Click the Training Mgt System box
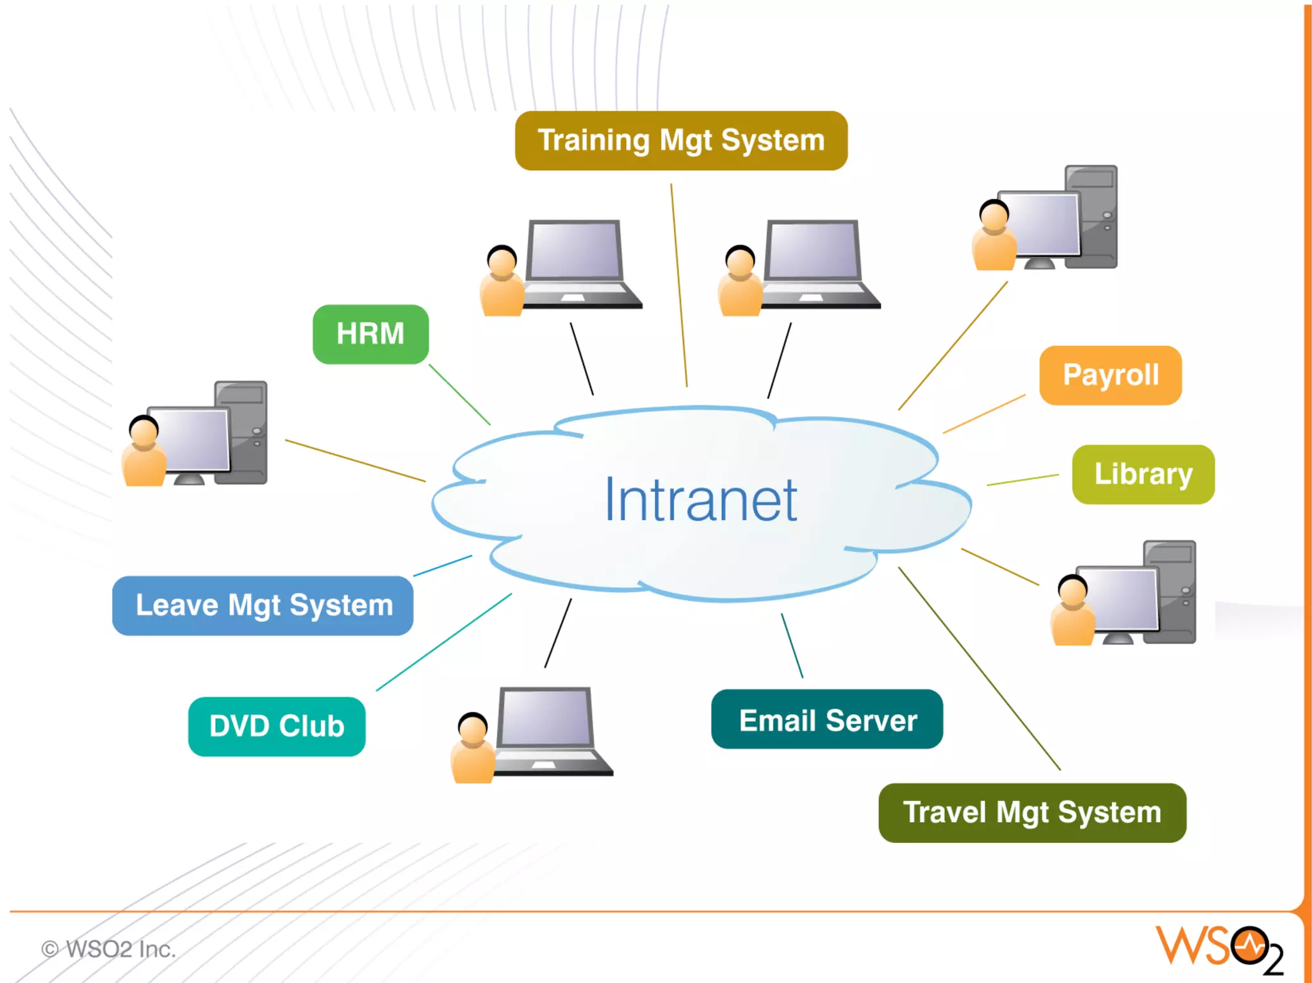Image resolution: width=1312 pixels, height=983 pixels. [x=681, y=141]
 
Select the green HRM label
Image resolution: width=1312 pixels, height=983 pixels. [x=370, y=334]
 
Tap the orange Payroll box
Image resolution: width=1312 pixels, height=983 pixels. [x=1110, y=375]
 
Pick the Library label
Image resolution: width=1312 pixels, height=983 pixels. [x=1143, y=475]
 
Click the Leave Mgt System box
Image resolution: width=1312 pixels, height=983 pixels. [x=263, y=606]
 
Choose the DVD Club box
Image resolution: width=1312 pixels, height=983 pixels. [x=277, y=726]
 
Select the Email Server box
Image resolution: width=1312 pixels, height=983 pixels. [x=826, y=719]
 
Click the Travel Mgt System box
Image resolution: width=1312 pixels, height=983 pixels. [x=1032, y=813]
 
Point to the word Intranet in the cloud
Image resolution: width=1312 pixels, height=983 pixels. [x=701, y=500]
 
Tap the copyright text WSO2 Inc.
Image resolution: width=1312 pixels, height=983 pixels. [x=109, y=949]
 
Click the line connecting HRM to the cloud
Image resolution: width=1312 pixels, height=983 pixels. [x=459, y=394]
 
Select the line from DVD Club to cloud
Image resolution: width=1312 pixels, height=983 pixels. [x=444, y=642]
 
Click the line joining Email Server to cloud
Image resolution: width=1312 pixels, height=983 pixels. [x=792, y=646]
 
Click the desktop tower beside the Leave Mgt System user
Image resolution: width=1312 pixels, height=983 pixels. [x=242, y=432]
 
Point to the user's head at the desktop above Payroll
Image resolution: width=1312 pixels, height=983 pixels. [x=994, y=215]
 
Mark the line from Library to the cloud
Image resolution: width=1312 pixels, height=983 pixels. [x=1022, y=480]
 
